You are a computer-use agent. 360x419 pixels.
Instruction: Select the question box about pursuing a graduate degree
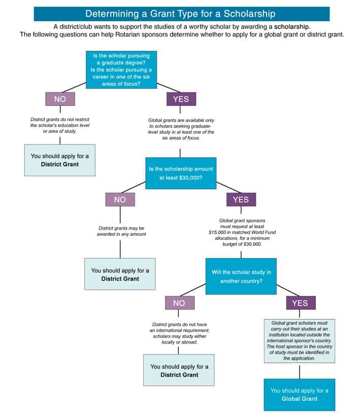pyautogui.click(x=121, y=69)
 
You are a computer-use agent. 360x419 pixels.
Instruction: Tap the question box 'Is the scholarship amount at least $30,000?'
pyautogui.click(x=181, y=173)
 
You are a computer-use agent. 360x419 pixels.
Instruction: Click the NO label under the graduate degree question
pyautogui.click(x=60, y=99)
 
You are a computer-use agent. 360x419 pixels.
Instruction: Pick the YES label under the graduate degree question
pyautogui.click(x=181, y=99)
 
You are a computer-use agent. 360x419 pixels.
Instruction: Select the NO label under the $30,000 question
pyautogui.click(x=120, y=199)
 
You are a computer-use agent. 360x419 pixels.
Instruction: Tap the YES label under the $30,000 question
pyautogui.click(x=241, y=199)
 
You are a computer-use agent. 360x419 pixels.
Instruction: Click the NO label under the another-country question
pyautogui.click(x=179, y=303)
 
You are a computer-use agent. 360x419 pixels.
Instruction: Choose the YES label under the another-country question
pyautogui.click(x=300, y=303)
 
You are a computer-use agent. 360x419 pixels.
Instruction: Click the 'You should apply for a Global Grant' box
pyautogui.click(x=299, y=394)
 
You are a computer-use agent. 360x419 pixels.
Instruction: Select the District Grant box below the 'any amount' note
pyautogui.click(x=120, y=274)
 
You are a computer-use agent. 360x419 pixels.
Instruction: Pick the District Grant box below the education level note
pyautogui.click(x=59, y=160)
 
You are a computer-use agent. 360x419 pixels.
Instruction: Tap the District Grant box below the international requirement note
pyautogui.click(x=179, y=370)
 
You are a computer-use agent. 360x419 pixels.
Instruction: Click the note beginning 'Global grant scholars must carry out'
pyautogui.click(x=300, y=340)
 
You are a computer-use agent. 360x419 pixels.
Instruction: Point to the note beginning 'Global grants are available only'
pyautogui.click(x=181, y=128)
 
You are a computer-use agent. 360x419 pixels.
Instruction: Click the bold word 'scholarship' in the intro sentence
pyautogui.click(x=290, y=26)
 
